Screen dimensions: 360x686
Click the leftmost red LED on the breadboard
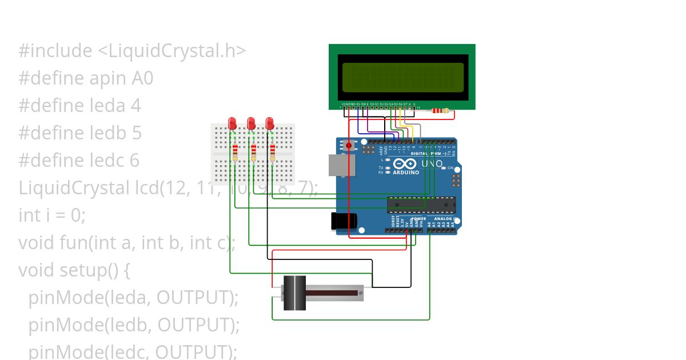click(232, 123)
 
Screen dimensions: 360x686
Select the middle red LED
click(251, 123)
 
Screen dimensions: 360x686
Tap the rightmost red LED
click(270, 123)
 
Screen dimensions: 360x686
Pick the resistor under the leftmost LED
click(235, 151)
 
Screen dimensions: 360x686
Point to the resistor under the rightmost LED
click(272, 151)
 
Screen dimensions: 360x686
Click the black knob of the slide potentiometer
click(295, 293)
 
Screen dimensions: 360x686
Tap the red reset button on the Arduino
click(349, 146)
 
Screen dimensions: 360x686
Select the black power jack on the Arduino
click(344, 221)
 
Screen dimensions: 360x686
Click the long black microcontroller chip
click(421, 205)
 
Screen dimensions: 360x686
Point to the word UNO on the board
click(432, 164)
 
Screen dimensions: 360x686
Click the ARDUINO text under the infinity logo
click(405, 172)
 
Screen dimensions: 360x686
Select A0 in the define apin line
click(142, 78)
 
